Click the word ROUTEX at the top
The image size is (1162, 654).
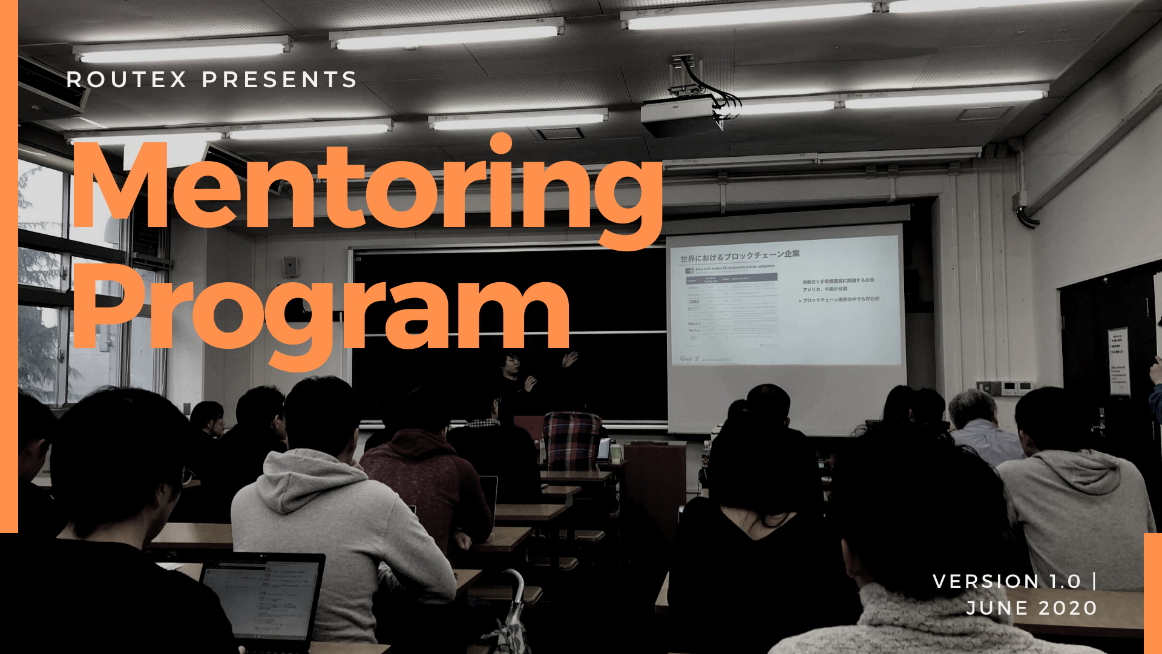[x=126, y=80]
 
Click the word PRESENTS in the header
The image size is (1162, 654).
[x=280, y=80]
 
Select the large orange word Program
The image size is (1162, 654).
[x=321, y=312]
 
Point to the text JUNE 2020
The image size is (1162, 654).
[x=1031, y=608]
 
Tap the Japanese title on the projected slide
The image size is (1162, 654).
[x=740, y=256]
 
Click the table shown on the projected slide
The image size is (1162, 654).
[x=732, y=309]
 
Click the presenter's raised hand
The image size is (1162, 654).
[x=570, y=360]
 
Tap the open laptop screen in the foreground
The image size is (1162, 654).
[x=260, y=599]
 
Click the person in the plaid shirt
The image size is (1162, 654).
[x=571, y=439]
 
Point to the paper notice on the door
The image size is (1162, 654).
[x=1119, y=362]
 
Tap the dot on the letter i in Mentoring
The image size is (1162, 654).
[x=501, y=144]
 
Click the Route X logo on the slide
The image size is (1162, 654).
[x=689, y=359]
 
